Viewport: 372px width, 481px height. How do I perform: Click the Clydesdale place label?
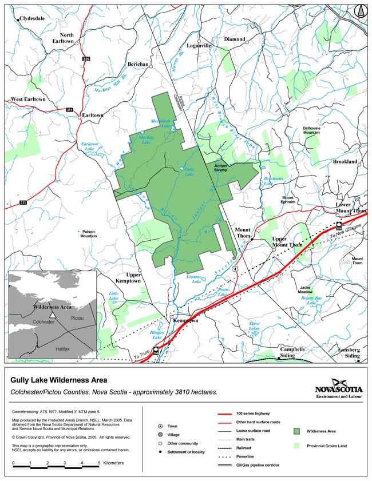coord(32,18)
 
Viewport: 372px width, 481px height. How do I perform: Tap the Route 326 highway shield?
coord(86,59)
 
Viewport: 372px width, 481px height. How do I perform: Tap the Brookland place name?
coord(345,162)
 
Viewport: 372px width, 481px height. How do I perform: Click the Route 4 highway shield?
coord(236,268)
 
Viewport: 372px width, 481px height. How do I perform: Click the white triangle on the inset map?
coord(52,315)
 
